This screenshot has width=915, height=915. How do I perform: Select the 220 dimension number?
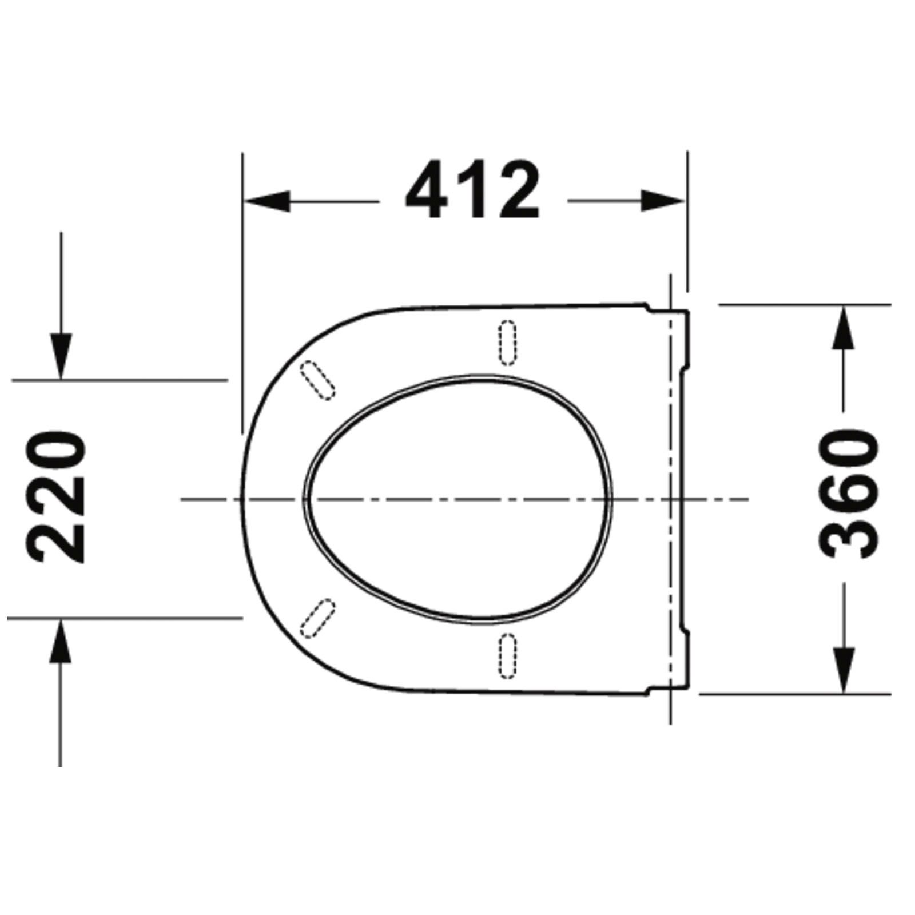coord(57,498)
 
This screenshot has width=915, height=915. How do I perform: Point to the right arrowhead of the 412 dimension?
coord(662,201)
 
